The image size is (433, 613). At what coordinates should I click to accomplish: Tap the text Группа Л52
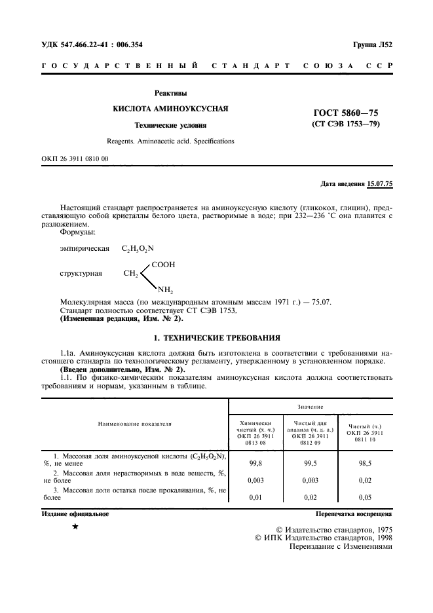click(372, 45)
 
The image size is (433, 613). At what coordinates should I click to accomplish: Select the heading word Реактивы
click(170, 93)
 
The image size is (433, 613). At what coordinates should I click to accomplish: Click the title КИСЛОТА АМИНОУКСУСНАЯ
click(170, 108)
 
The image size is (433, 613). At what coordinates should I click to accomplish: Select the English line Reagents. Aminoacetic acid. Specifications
click(170, 141)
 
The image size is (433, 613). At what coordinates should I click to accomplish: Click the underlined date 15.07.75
click(380, 184)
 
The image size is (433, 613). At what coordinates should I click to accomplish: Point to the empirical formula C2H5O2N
click(138, 249)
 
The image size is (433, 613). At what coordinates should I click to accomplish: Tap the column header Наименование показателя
click(134, 424)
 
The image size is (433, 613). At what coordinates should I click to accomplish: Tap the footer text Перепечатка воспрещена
click(354, 514)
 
